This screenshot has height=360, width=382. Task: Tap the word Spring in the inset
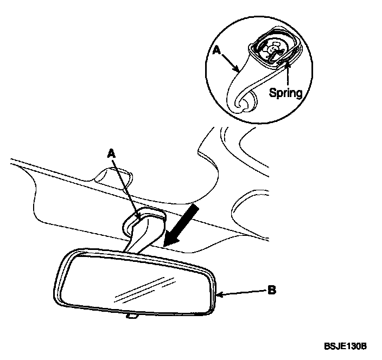tap(286, 92)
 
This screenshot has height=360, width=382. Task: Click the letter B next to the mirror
tap(272, 290)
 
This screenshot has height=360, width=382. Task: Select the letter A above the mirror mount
tap(112, 155)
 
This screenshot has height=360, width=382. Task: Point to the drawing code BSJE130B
tap(346, 345)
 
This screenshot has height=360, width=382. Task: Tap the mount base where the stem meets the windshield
tap(144, 218)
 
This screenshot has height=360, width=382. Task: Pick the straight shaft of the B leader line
tap(244, 292)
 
